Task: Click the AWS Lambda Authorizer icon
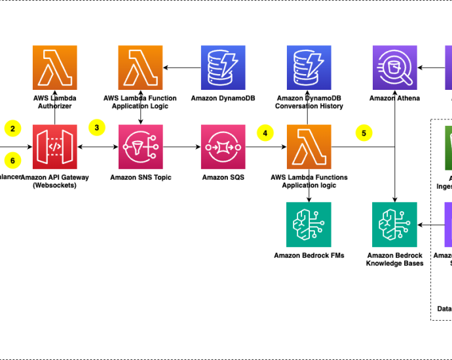(55, 68)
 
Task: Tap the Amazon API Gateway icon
(55, 146)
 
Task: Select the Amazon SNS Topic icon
(141, 146)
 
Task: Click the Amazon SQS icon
(223, 146)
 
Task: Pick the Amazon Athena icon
(394, 68)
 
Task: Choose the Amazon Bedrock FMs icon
(309, 224)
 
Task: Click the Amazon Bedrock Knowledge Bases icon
(394, 224)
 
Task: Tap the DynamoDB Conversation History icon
(309, 68)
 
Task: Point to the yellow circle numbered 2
(12, 128)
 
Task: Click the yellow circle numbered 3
(97, 127)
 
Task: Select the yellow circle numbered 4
(265, 133)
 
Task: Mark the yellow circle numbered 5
(364, 133)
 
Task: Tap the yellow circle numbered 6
(12, 160)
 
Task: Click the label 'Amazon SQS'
(223, 178)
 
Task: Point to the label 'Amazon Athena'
(394, 98)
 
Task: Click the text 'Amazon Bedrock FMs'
(309, 255)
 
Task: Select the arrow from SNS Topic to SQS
(182, 146)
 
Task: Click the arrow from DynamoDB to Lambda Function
(183, 68)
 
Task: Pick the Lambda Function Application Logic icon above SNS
(141, 68)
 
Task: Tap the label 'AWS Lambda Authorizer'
(55, 102)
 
